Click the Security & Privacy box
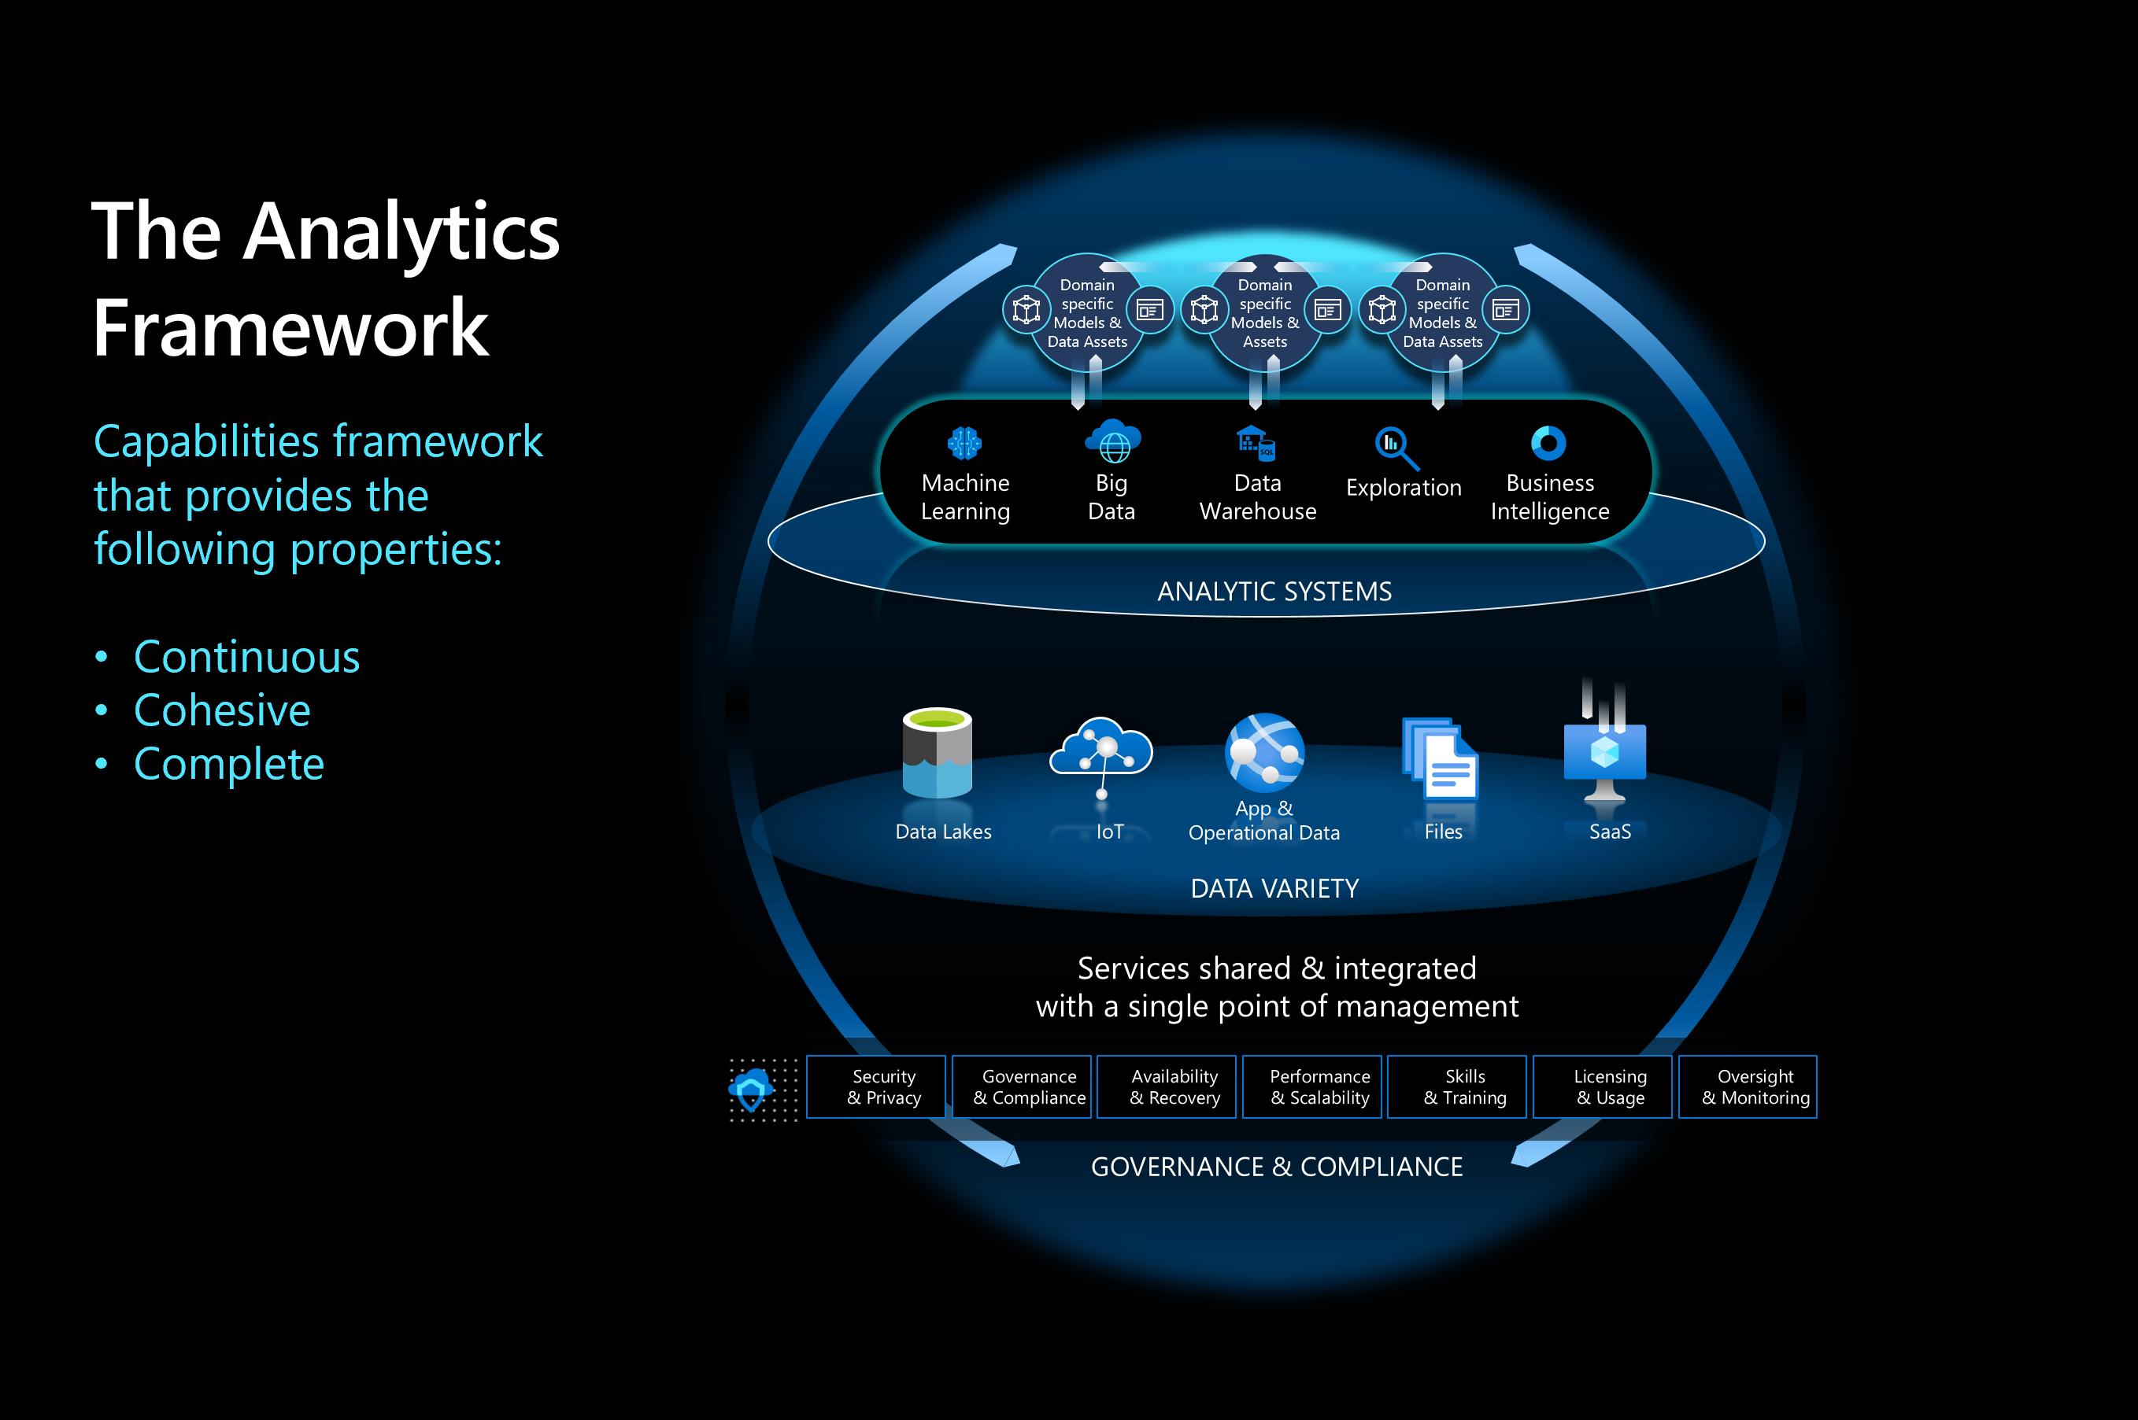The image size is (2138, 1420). click(875, 1086)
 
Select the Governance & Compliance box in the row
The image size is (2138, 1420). click(1021, 1086)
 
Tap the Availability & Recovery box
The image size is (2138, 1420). click(1166, 1086)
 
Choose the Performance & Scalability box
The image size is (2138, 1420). click(1311, 1086)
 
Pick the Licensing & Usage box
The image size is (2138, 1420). click(1602, 1086)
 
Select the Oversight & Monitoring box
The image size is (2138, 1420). click(1747, 1086)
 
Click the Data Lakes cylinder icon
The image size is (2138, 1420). click(937, 754)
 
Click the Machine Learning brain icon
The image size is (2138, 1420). click(965, 443)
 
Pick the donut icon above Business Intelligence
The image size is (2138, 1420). click(1548, 443)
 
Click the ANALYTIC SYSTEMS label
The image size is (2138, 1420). click(1274, 592)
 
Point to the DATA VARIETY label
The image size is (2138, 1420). click(1274, 888)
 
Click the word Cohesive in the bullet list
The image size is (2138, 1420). click(222, 710)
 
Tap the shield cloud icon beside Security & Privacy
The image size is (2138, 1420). click(751, 1089)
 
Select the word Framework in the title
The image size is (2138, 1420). click(290, 328)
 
